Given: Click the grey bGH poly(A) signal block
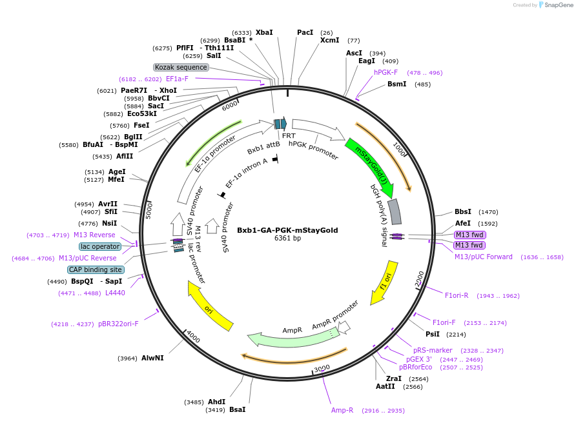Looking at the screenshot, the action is [x=395, y=211].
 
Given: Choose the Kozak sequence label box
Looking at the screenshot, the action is [x=181, y=67].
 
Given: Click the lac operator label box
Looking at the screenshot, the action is [x=100, y=246].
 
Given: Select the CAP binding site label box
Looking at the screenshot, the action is [x=96, y=269].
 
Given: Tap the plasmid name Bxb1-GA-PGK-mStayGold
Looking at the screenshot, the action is [x=287, y=230].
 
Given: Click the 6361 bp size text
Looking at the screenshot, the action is [x=287, y=238].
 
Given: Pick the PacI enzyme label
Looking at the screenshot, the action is [x=305, y=32].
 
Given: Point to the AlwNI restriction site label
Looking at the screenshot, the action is [x=152, y=358].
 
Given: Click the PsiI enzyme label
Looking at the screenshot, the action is [x=433, y=334].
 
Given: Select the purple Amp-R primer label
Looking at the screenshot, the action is [x=342, y=410].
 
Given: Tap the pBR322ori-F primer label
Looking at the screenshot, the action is [x=118, y=324].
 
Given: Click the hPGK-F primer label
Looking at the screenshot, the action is [x=386, y=72].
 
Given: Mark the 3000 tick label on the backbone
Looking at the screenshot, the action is [x=322, y=368].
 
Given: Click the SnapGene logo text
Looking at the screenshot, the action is [x=559, y=5].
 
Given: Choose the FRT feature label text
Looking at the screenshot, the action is [x=289, y=135].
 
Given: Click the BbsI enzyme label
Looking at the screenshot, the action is [x=463, y=211].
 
